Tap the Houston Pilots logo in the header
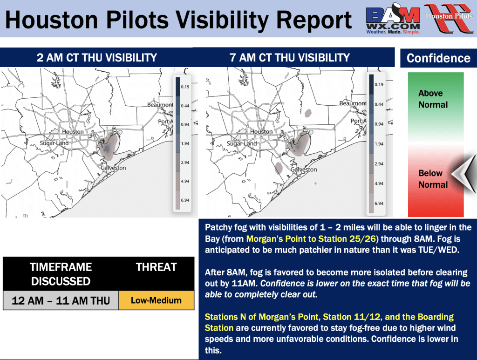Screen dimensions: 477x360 point(450,18)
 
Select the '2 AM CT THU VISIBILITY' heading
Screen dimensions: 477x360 point(97,57)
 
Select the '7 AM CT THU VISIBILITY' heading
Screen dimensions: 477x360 point(290,57)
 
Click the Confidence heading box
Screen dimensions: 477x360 point(438,58)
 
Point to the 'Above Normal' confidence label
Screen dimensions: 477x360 point(433,99)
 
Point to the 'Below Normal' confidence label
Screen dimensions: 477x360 point(433,179)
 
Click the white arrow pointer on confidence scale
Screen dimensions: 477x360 point(463,174)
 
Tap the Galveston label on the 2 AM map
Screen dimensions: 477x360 point(113,168)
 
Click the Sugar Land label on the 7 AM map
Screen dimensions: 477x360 point(242,143)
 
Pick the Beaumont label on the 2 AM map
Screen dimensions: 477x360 point(160,105)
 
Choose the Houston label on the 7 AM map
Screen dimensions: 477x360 point(261,132)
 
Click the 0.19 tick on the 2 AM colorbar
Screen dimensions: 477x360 point(185,87)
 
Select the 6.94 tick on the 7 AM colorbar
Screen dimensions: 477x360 point(379,204)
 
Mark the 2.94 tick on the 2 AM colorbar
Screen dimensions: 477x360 point(185,163)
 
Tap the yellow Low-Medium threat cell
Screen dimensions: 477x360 point(157,300)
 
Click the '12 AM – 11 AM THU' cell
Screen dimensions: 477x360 point(61,300)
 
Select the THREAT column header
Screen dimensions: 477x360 point(157,267)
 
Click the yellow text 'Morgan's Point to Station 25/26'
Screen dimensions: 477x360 point(311,239)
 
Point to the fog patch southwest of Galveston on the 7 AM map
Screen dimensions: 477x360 point(279,168)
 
